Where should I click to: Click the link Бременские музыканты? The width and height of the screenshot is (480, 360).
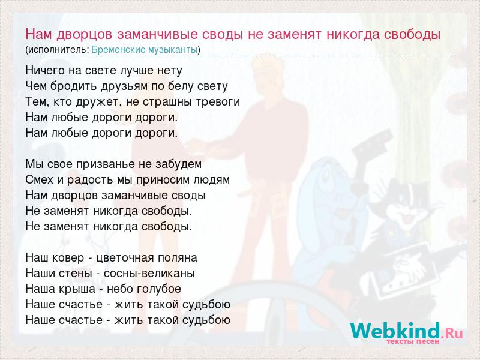pyautogui.click(x=144, y=50)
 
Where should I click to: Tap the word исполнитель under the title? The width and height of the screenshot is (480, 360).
pyautogui.click(x=58, y=50)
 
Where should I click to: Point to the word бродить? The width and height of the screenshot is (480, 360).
pyautogui.click(x=74, y=86)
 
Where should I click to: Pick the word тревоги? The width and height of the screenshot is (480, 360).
pyautogui.click(x=218, y=102)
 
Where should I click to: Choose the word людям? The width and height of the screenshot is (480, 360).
pyautogui.click(x=212, y=180)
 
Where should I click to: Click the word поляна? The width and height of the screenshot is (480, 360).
pyautogui.click(x=178, y=258)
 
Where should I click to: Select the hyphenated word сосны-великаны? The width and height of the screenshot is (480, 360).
pyautogui.click(x=149, y=274)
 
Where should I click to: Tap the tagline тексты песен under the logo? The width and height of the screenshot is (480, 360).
pyautogui.click(x=413, y=341)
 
